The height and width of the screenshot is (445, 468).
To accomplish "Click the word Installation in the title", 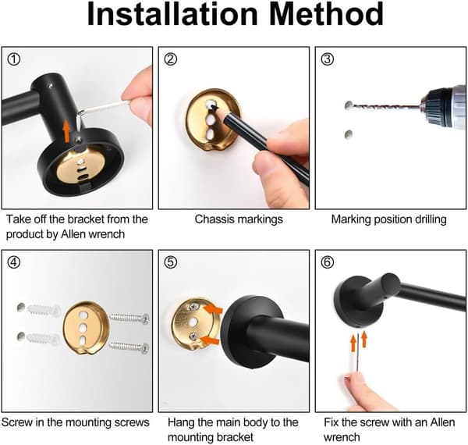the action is click(x=172, y=14).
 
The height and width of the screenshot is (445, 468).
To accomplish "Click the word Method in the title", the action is click(x=326, y=14).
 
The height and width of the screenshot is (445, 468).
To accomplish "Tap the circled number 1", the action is click(x=14, y=59).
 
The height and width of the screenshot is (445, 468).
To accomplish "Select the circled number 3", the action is click(x=328, y=59).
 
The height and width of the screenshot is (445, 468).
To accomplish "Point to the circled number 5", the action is click(x=171, y=262).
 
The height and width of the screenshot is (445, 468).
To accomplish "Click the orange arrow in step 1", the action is click(x=66, y=131).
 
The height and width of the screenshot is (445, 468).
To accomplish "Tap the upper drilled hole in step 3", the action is click(x=349, y=105).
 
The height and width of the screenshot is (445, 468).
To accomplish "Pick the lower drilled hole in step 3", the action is click(x=349, y=134).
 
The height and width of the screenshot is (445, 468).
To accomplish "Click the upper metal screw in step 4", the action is click(x=129, y=319).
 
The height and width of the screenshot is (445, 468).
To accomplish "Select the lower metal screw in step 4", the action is click(x=129, y=347).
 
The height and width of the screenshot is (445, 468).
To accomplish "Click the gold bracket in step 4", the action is click(x=85, y=328).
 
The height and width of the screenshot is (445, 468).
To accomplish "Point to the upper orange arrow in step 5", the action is click(x=212, y=309).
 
